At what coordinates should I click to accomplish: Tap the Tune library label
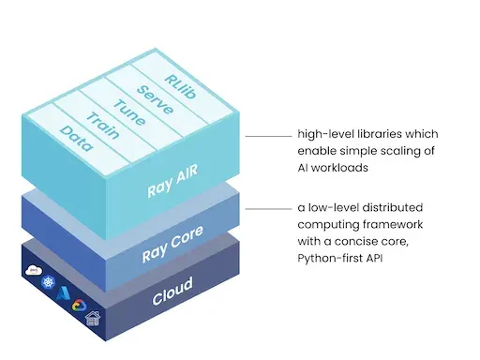pos(127,110)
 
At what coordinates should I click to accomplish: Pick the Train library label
pos(100,126)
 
